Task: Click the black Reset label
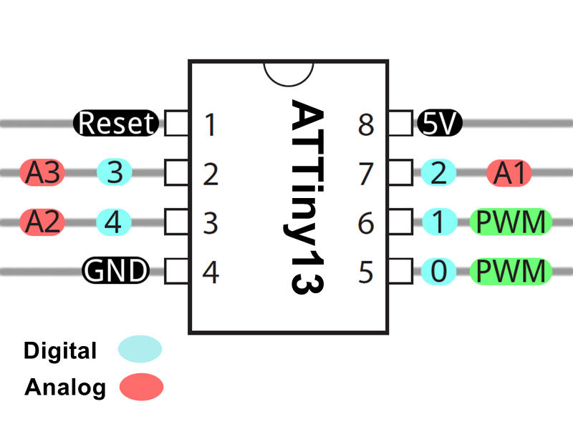pyautogui.click(x=116, y=123)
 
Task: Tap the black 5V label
pyautogui.click(x=440, y=123)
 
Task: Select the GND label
pyautogui.click(x=116, y=271)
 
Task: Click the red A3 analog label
pyautogui.click(x=42, y=172)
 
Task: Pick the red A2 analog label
pyautogui.click(x=42, y=222)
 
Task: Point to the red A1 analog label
pyautogui.click(x=509, y=173)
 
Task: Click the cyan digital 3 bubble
pyautogui.click(x=115, y=172)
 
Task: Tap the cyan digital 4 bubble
pyautogui.click(x=114, y=222)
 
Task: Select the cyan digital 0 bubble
pyautogui.click(x=438, y=271)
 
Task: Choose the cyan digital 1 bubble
pyautogui.click(x=440, y=222)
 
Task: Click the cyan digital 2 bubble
pyautogui.click(x=438, y=172)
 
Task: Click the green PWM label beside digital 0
pyautogui.click(x=511, y=271)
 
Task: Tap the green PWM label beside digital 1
pyautogui.click(x=511, y=222)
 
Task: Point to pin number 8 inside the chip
pyautogui.click(x=366, y=124)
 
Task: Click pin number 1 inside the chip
pyautogui.click(x=210, y=124)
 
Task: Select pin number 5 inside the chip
pyautogui.click(x=366, y=272)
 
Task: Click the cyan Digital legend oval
pyautogui.click(x=140, y=349)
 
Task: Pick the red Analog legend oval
pyautogui.click(x=141, y=387)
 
